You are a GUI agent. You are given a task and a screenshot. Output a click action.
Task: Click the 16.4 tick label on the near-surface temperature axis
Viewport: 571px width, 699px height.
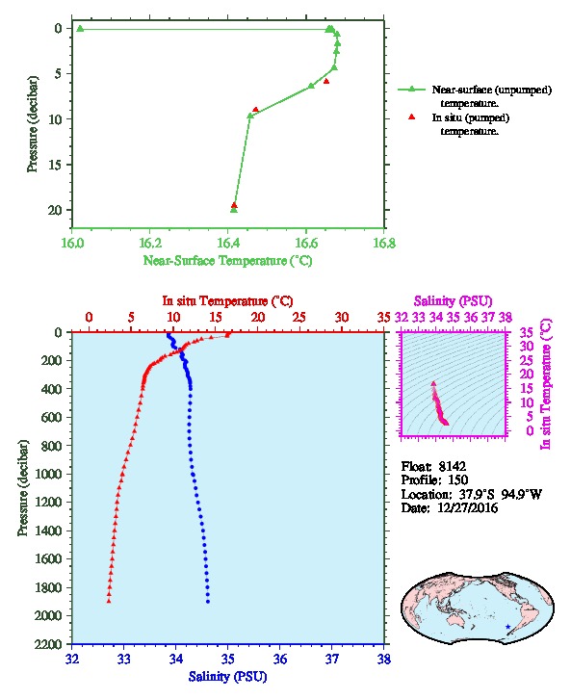click(x=228, y=244)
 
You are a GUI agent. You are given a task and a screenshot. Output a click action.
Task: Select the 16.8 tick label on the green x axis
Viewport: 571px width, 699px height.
click(x=384, y=244)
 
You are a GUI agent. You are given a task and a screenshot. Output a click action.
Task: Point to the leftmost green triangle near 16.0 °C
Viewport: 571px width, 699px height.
click(x=80, y=29)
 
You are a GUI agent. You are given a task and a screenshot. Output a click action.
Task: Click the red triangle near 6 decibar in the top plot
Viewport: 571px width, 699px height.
click(x=326, y=81)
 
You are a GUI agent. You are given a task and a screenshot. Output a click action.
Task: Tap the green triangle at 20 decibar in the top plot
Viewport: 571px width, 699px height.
click(x=234, y=210)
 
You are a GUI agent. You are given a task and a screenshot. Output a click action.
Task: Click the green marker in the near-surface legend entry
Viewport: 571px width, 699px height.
click(x=412, y=90)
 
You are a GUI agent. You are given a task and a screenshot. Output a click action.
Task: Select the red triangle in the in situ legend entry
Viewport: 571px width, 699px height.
click(x=412, y=116)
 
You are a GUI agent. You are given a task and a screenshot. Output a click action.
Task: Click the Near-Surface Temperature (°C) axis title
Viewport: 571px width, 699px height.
click(x=228, y=261)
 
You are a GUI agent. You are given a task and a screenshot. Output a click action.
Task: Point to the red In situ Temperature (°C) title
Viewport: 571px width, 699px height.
click(x=228, y=301)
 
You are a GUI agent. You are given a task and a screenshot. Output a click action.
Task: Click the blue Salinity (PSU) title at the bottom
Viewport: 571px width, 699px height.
click(x=228, y=677)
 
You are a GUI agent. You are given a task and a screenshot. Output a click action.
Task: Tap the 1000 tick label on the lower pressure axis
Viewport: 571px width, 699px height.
click(x=49, y=474)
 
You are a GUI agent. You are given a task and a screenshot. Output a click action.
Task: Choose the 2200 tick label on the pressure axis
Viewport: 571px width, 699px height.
click(x=49, y=644)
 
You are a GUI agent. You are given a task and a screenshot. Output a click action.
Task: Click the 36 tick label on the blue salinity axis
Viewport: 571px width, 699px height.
click(x=280, y=659)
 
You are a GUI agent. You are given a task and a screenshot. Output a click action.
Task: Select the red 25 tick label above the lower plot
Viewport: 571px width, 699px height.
click(x=299, y=318)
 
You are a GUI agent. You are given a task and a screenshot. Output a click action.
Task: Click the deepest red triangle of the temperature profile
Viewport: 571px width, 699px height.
click(x=109, y=601)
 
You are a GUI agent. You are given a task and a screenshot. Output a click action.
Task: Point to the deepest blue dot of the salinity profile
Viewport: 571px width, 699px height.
click(x=208, y=602)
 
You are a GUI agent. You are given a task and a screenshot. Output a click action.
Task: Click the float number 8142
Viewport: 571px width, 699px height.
click(x=452, y=467)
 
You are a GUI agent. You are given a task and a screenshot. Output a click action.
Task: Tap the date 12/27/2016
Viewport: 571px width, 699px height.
click(x=468, y=508)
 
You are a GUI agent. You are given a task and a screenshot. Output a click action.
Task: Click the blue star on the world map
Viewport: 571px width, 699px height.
click(x=507, y=627)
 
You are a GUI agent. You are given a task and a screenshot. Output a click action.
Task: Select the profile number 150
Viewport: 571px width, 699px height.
click(x=457, y=480)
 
